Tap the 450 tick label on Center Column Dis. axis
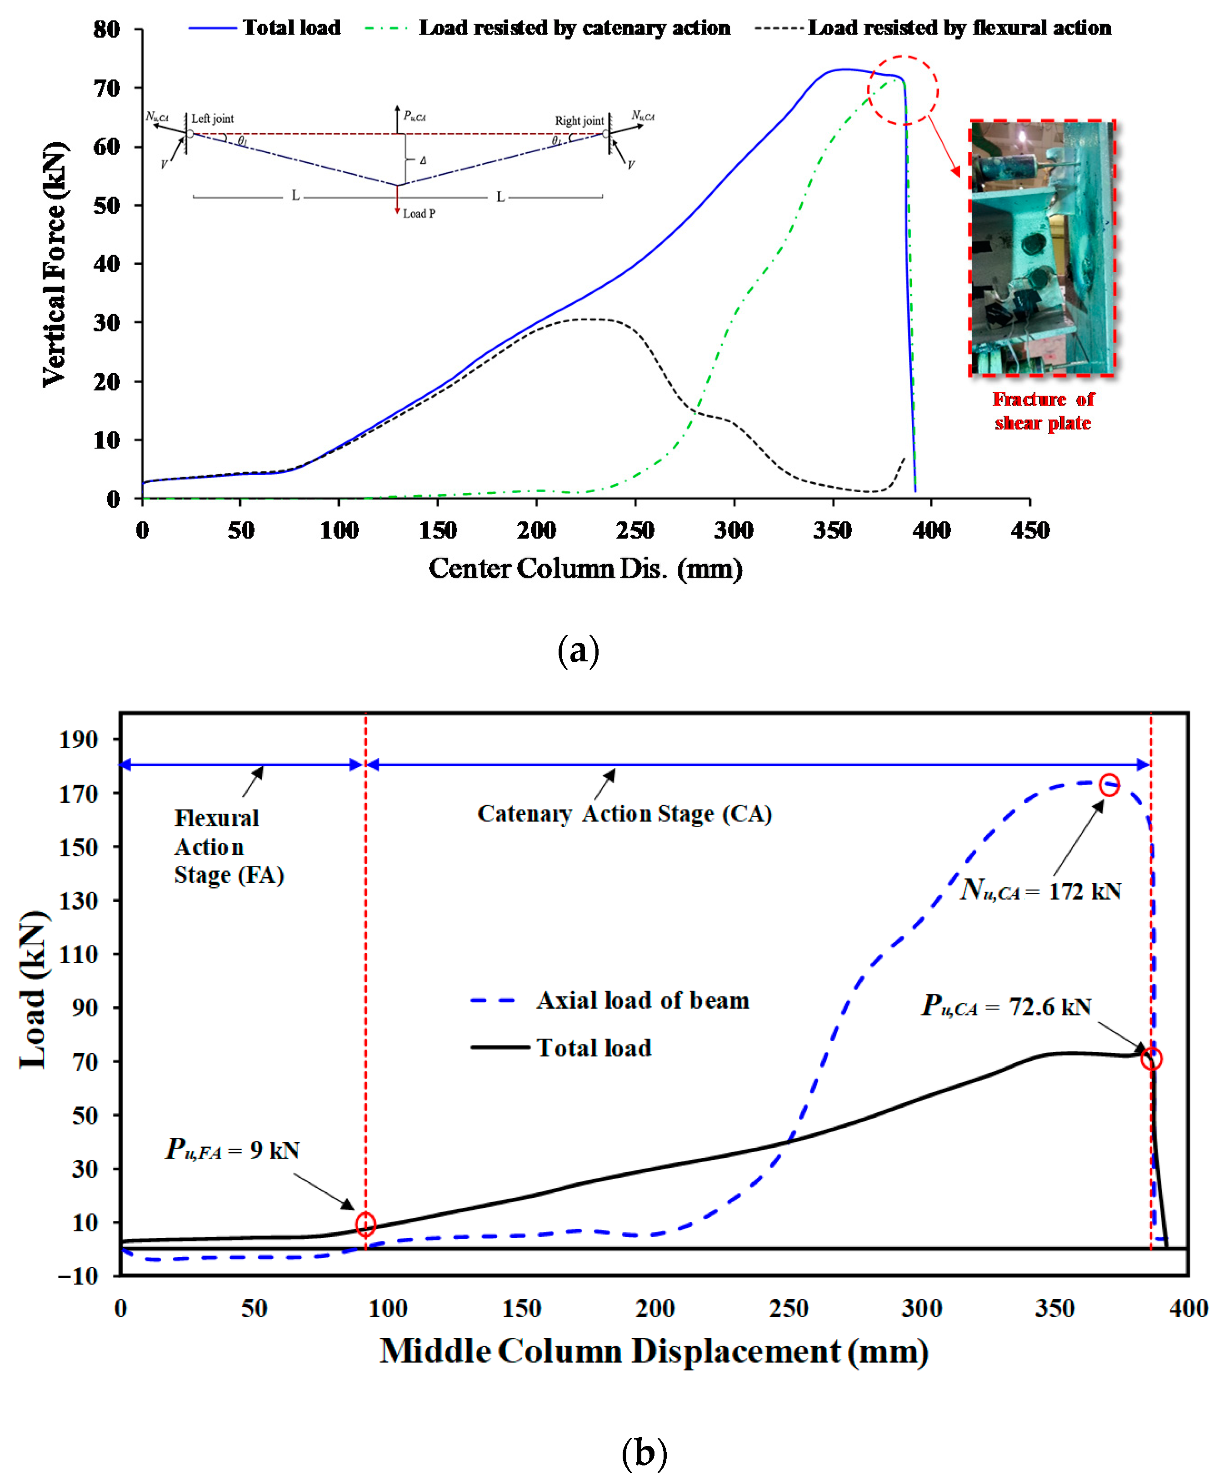pos(1029,530)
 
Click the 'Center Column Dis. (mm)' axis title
pos(585,568)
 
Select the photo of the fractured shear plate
pos(1042,248)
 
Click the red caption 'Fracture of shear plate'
pos(1043,411)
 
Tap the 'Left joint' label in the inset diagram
pos(212,119)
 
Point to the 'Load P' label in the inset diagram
pos(419,214)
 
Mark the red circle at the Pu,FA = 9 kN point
pos(365,1225)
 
